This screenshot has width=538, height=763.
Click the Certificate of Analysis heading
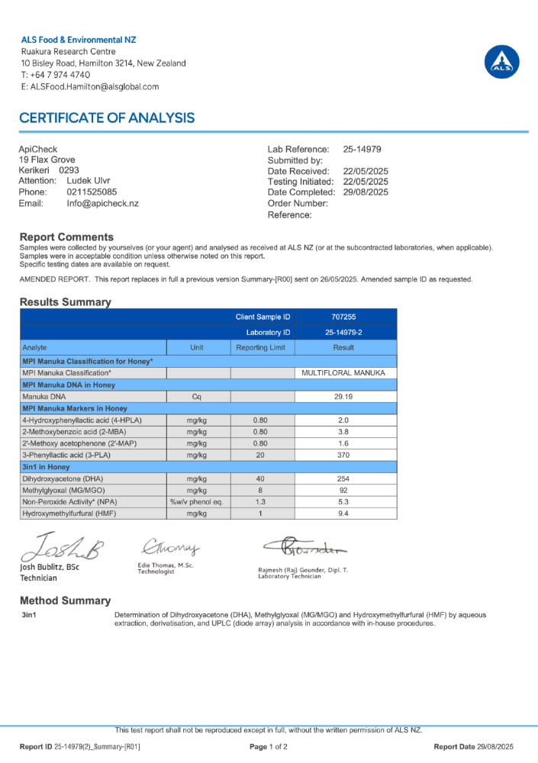(x=107, y=118)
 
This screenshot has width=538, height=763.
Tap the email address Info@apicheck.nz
(x=102, y=204)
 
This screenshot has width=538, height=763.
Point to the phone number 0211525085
(x=92, y=193)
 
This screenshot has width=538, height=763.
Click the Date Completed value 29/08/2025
(x=366, y=193)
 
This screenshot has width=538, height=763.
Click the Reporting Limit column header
(x=261, y=348)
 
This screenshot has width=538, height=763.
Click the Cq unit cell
(x=198, y=398)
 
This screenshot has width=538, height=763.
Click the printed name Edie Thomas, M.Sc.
(x=165, y=565)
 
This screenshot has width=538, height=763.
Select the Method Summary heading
(x=65, y=600)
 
